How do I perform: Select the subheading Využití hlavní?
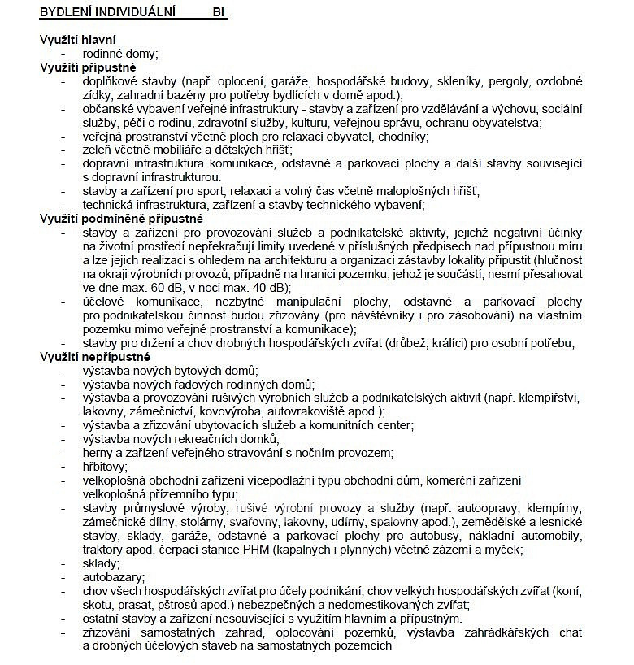click(77, 39)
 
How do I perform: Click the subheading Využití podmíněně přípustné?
click(121, 219)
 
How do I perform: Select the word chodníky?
click(401, 136)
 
